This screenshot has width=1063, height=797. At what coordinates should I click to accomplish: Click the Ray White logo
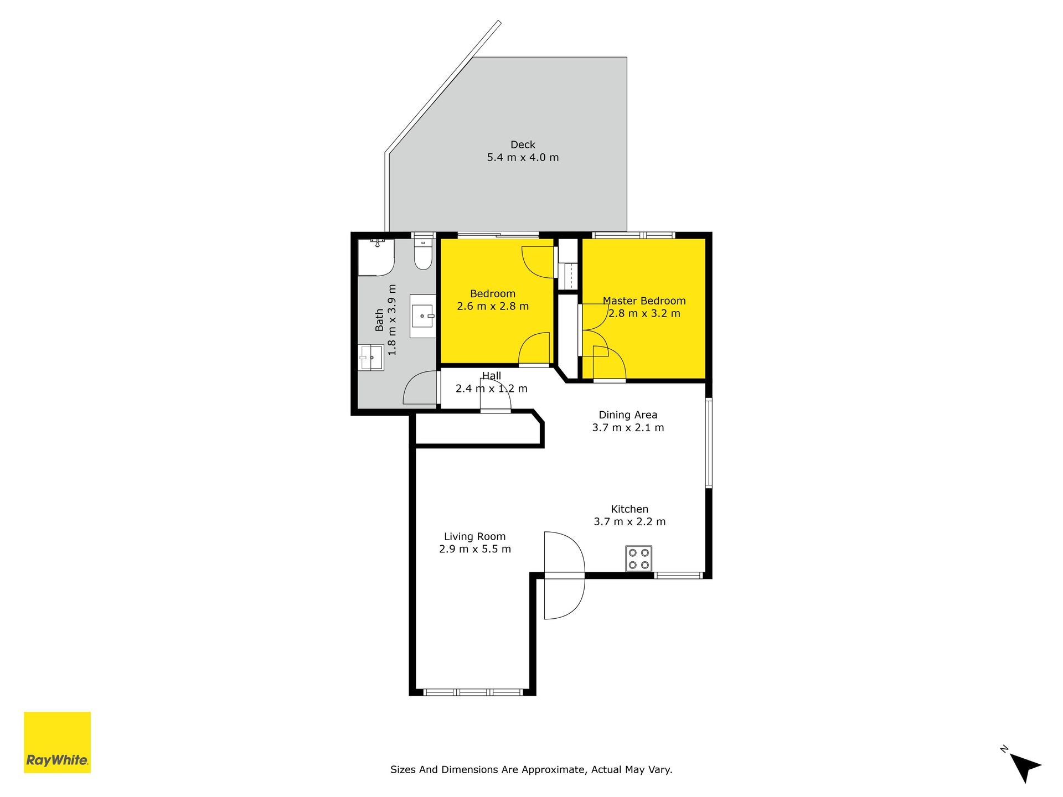click(x=57, y=742)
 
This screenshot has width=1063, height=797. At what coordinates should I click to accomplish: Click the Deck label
click(x=523, y=145)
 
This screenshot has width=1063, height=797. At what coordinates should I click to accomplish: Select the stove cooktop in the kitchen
click(x=638, y=558)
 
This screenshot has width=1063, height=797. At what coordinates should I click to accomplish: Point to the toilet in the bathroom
click(x=423, y=254)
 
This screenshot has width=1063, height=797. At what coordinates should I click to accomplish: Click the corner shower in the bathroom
click(x=376, y=257)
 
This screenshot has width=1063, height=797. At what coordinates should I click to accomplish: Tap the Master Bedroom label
click(x=644, y=301)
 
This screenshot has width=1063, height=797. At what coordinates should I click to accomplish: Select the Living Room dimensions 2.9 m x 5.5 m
click(x=475, y=549)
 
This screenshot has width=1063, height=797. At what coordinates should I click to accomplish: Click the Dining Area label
click(x=628, y=415)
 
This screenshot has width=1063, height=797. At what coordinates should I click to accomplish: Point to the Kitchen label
click(x=629, y=509)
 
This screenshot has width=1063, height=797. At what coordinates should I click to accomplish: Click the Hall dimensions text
click(x=492, y=389)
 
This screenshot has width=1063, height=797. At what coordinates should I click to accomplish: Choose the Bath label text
click(x=379, y=320)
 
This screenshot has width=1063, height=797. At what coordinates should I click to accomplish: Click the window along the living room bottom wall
click(x=473, y=692)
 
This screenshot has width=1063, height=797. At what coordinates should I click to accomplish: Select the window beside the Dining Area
click(x=708, y=443)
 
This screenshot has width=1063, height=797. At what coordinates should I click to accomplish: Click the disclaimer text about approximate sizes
click(x=531, y=769)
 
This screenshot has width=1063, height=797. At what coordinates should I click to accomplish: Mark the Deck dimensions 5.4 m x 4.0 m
click(x=523, y=158)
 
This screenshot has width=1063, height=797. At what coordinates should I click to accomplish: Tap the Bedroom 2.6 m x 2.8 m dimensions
click(x=493, y=306)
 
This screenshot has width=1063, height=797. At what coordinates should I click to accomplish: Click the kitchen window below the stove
click(x=678, y=576)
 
